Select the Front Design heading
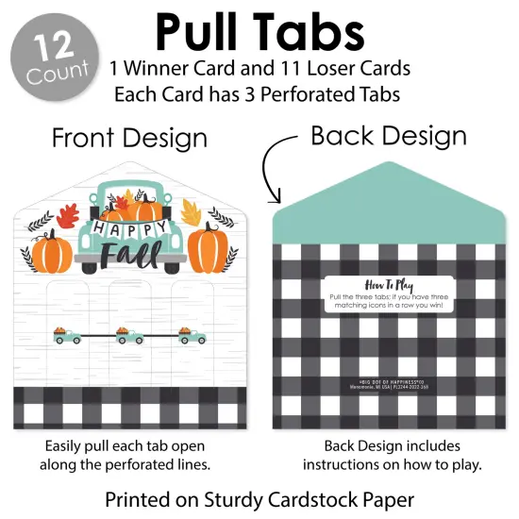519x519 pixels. click(129, 138)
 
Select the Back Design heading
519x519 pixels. click(389, 135)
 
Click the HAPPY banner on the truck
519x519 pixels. click(129, 229)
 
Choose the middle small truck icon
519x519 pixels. click(128, 333)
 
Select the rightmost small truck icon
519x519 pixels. click(192, 333)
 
